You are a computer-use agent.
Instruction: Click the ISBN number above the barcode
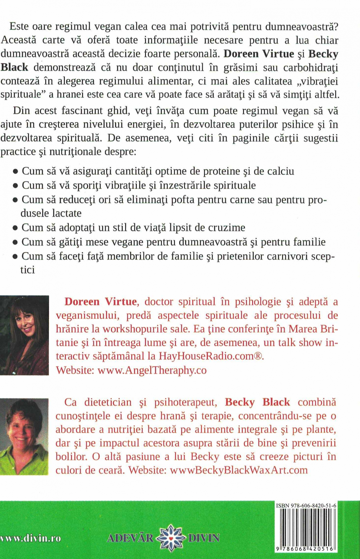(x=306, y=506)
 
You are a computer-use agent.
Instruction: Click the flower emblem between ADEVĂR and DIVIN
(x=171, y=538)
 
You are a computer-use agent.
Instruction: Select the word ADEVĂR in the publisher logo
(x=130, y=538)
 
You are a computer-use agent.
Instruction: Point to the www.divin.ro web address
(x=31, y=538)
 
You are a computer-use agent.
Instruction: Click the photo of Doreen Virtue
(x=24, y=335)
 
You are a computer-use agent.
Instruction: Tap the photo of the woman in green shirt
(x=24, y=436)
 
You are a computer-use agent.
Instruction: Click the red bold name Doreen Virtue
(x=101, y=302)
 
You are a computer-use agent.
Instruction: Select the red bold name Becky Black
(x=257, y=402)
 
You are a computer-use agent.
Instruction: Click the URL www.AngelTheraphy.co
(x=152, y=370)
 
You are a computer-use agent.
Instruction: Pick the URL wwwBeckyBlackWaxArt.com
(x=239, y=470)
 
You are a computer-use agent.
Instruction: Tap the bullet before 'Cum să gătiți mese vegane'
(x=15, y=242)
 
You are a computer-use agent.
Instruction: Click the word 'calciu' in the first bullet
(x=279, y=171)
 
